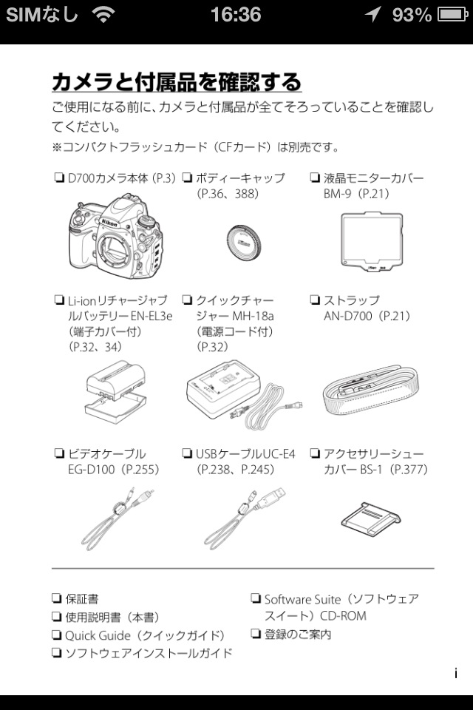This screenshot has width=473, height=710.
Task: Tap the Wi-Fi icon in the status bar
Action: pyautogui.click(x=103, y=15)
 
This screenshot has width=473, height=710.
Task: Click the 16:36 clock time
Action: pyautogui.click(x=236, y=15)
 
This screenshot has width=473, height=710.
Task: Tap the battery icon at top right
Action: pyautogui.click(x=452, y=15)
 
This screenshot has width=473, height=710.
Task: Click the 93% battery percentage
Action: pyautogui.click(x=412, y=15)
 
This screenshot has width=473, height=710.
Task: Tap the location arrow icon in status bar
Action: pyautogui.click(x=373, y=15)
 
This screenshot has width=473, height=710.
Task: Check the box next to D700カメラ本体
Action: pyautogui.click(x=58, y=177)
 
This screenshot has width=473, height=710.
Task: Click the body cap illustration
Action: pyautogui.click(x=243, y=241)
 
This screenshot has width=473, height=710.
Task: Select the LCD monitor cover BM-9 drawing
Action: pyautogui.click(x=372, y=241)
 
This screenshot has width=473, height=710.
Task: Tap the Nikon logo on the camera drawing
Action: pyautogui.click(x=109, y=223)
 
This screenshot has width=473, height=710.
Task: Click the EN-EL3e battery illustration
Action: pyautogui.click(x=116, y=392)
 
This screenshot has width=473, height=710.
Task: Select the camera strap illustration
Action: pyautogui.click(x=371, y=390)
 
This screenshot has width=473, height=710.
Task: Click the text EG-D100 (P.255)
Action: pyautogui.click(x=114, y=469)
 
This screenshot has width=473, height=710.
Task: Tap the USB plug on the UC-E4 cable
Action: pyautogui.click(x=270, y=498)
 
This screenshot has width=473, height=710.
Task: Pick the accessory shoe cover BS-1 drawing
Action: pyautogui.click(x=371, y=516)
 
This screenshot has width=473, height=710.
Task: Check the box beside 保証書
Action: pyautogui.click(x=57, y=598)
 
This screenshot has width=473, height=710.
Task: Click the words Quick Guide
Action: pyautogui.click(x=98, y=635)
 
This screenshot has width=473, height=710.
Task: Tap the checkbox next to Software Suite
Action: pyautogui.click(x=256, y=598)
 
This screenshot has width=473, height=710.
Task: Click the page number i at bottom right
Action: pyautogui.click(x=456, y=673)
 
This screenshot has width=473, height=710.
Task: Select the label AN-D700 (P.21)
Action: pyautogui.click(x=367, y=316)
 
